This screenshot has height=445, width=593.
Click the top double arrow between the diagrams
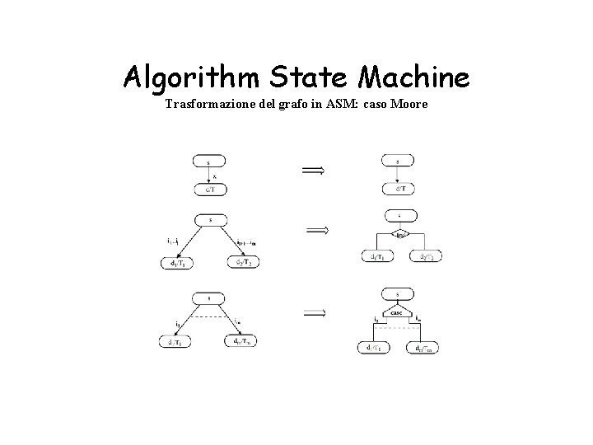(313, 170)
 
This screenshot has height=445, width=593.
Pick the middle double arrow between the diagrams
(317, 231)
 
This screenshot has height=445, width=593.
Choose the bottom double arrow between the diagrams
(315, 312)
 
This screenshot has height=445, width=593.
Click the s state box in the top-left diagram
(210, 162)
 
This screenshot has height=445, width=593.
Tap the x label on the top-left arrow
(215, 176)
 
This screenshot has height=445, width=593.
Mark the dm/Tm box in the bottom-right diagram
(423, 349)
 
